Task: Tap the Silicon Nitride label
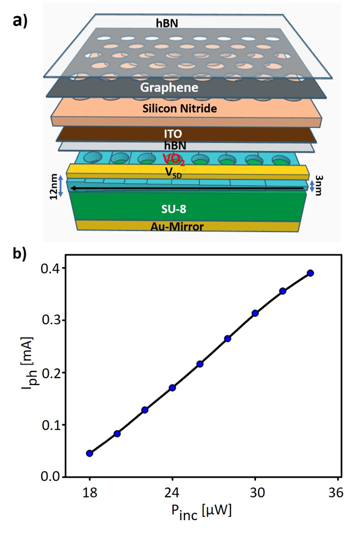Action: pyautogui.click(x=180, y=109)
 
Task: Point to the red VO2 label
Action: pyautogui.click(x=173, y=158)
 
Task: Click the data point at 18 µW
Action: pyautogui.click(x=89, y=453)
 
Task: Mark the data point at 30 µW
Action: pyautogui.click(x=255, y=313)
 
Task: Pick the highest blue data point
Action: pyautogui.click(x=310, y=273)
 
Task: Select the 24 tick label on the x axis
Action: pyautogui.click(x=172, y=493)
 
